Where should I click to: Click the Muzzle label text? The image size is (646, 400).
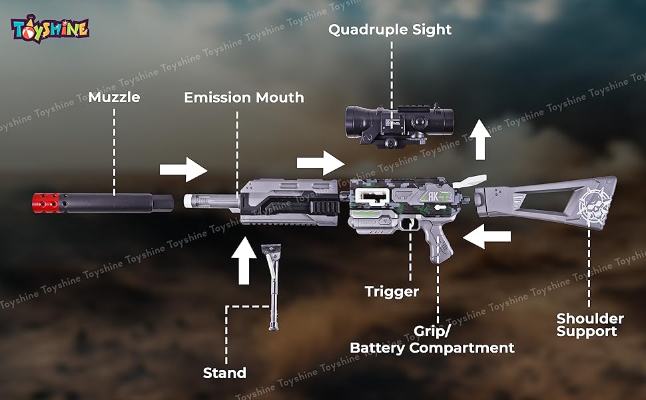(114, 97)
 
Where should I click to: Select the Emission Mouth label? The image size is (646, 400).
(244, 97)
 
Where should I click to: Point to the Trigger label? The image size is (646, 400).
(392, 291)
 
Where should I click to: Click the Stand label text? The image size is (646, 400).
(224, 373)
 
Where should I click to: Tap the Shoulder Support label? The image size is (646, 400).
(590, 325)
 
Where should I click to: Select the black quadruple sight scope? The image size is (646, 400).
(398, 122)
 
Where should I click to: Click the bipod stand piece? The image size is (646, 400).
(272, 286)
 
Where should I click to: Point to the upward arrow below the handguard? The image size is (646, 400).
(244, 259)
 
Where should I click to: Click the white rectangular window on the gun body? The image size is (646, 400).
(372, 196)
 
